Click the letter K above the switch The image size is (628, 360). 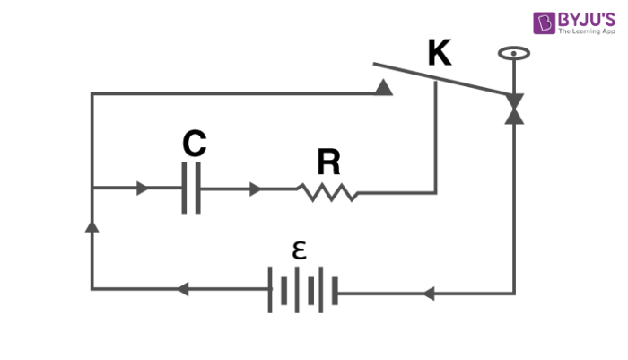click(x=440, y=53)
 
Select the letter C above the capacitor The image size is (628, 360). click(x=194, y=144)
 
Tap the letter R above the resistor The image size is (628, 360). click(x=328, y=162)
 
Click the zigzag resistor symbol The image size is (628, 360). click(x=327, y=190)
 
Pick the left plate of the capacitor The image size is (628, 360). click(x=185, y=189)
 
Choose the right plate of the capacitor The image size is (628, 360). click(x=197, y=189)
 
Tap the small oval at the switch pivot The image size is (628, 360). click(x=513, y=53)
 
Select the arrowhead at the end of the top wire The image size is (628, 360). click(x=384, y=87)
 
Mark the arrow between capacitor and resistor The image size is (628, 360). click(x=256, y=189)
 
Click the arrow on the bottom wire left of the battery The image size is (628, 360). click(x=181, y=290)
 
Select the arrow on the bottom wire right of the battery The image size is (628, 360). click(x=428, y=293)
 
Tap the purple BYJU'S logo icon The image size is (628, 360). click(x=545, y=22)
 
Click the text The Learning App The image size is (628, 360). click(x=588, y=31)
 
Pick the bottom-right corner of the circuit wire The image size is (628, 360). click(x=514, y=292)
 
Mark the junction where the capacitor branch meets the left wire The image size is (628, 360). click(x=92, y=189)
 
